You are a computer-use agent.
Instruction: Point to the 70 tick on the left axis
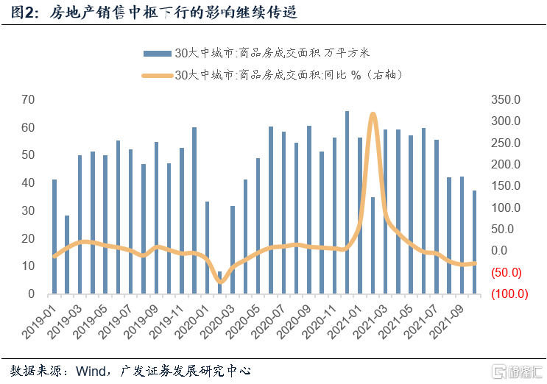click(28, 99)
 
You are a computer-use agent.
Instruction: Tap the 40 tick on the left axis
click(28, 183)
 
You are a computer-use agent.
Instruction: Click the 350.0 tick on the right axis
click(506, 99)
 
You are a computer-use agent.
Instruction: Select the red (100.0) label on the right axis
click(505, 294)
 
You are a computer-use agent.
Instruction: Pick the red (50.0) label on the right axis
click(505, 273)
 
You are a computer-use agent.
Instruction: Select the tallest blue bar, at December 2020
click(347, 202)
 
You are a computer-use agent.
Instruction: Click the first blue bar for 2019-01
click(54, 236)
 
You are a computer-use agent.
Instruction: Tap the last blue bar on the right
click(475, 242)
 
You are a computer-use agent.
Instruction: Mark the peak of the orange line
click(373, 115)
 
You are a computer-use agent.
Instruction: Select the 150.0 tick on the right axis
click(506, 186)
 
